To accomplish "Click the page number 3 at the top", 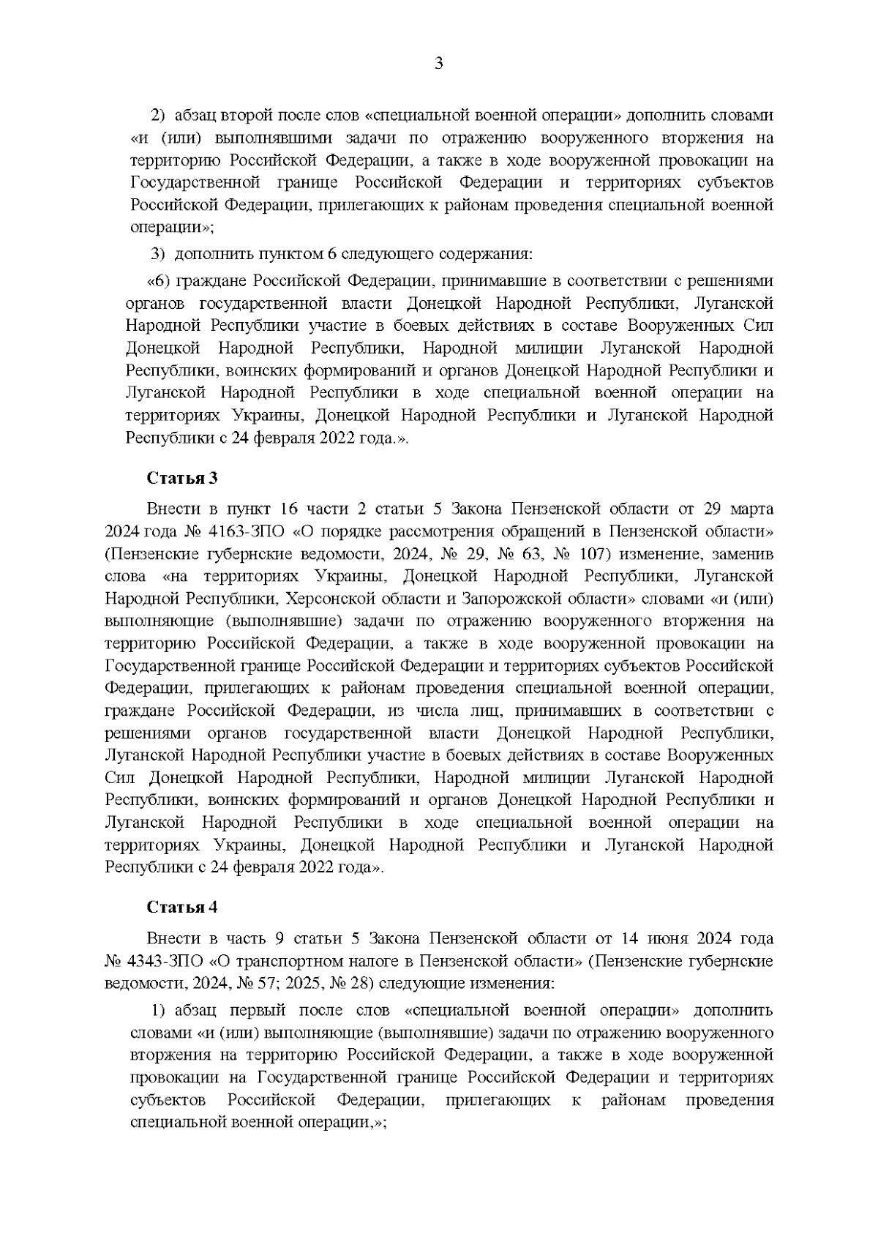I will pos(439,64).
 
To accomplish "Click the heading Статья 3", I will pos(182,479).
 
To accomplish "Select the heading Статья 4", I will pos(182,908).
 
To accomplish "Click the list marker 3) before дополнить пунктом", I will pos(158,255).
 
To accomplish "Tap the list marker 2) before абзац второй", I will pos(158,116).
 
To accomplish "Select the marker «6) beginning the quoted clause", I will pos(159,281).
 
